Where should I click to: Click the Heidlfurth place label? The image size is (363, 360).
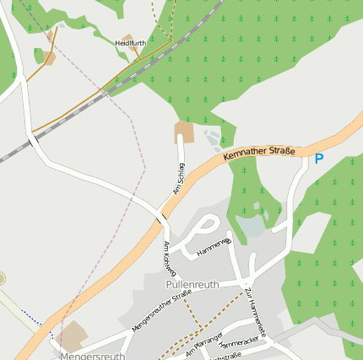(130, 42)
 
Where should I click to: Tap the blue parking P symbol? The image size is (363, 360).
(318, 159)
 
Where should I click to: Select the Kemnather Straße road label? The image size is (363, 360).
(259, 154)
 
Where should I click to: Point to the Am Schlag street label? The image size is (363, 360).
(179, 179)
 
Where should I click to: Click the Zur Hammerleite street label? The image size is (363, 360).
(255, 313)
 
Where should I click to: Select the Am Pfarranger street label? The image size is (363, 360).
(203, 344)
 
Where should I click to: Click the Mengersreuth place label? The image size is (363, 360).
(92, 356)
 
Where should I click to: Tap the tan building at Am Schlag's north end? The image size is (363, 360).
(183, 132)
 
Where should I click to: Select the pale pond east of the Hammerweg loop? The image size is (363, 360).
(251, 225)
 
